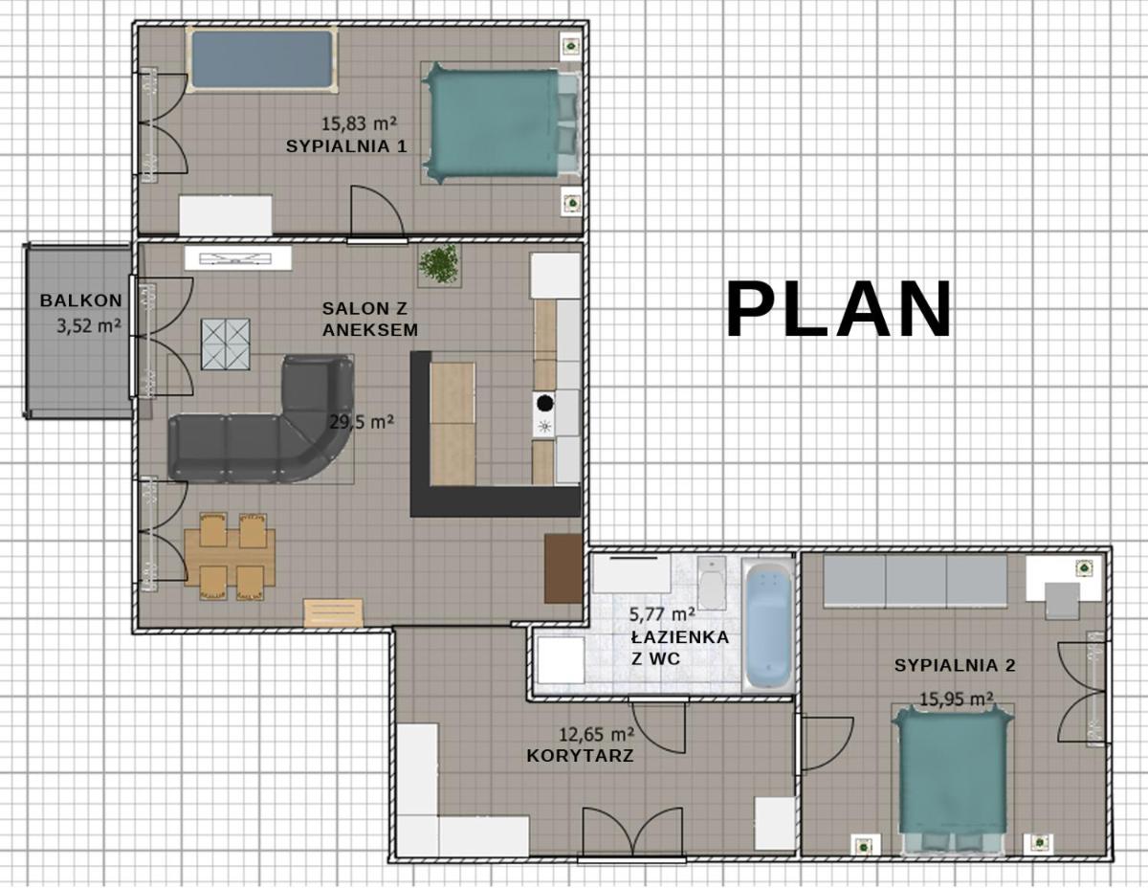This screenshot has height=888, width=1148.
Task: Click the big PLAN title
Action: click(x=838, y=309)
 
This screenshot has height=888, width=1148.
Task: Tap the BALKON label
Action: click(x=81, y=300)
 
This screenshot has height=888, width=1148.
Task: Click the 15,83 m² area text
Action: click(x=360, y=123)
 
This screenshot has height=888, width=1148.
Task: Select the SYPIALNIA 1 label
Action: click(x=346, y=146)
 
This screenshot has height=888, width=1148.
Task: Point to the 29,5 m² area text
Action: click(x=362, y=422)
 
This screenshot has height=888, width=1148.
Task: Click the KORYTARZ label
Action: click(x=580, y=756)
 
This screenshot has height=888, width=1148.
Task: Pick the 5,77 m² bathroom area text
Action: click(x=662, y=614)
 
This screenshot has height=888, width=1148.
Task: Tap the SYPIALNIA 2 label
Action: click(x=955, y=666)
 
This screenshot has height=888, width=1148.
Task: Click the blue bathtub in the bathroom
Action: click(x=769, y=626)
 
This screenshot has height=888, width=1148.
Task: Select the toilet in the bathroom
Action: click(x=711, y=583)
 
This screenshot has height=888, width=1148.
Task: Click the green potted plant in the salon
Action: click(x=438, y=265)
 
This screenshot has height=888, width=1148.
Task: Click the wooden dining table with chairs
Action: click(x=230, y=556)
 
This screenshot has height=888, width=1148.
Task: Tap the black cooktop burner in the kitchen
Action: click(x=544, y=403)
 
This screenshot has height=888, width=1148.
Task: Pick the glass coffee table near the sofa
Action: click(x=226, y=344)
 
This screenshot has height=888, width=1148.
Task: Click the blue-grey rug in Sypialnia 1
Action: click(x=262, y=59)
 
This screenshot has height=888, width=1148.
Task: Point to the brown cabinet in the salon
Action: click(x=563, y=568)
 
